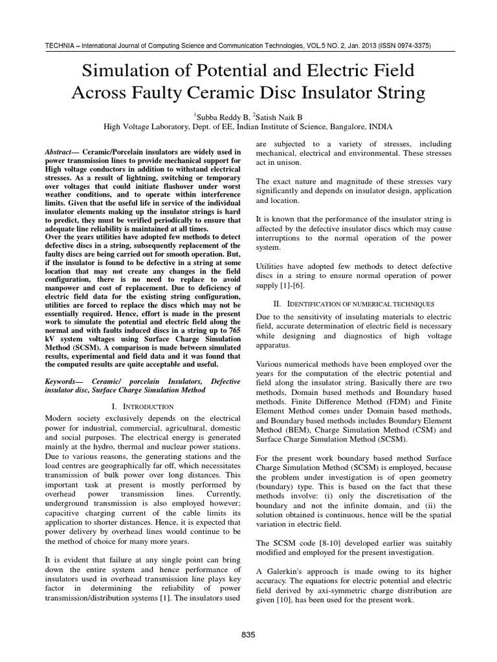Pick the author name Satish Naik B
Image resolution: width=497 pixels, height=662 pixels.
pyautogui.click(x=278, y=116)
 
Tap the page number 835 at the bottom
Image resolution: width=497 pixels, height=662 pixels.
pyautogui.click(x=248, y=635)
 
